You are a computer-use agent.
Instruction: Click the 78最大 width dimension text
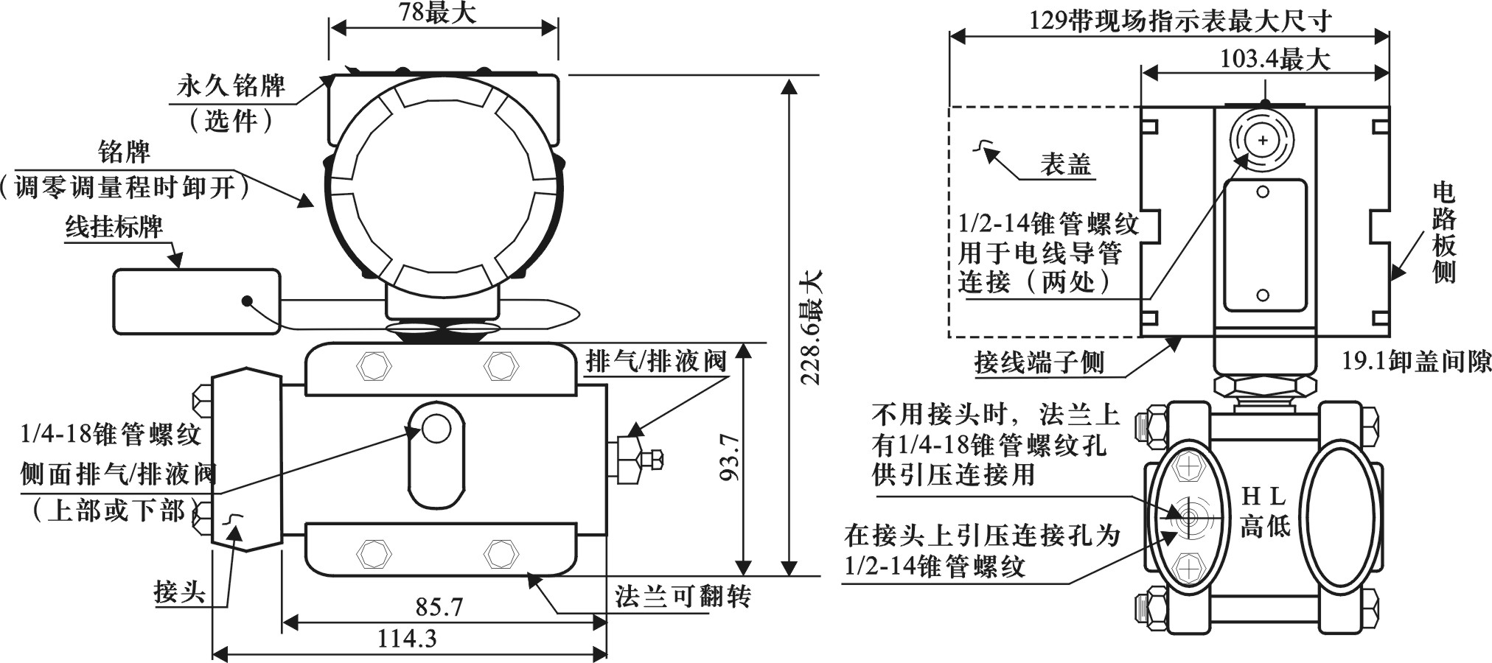coord(437,13)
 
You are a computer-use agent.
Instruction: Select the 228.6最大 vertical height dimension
coord(812,327)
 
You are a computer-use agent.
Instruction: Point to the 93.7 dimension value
coord(730,457)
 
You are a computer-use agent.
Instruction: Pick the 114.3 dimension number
coord(407,638)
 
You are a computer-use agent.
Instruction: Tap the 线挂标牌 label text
coord(114,226)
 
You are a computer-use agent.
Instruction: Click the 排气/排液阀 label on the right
coord(655,361)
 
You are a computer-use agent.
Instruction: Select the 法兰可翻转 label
coord(683,595)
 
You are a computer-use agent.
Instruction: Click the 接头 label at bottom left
coord(179,592)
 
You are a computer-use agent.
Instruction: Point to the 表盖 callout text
coord(1065,164)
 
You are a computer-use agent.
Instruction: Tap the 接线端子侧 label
coord(1039,362)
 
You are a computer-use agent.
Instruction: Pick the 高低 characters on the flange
coord(1264,525)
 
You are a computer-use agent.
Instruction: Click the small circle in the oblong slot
coord(436,428)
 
